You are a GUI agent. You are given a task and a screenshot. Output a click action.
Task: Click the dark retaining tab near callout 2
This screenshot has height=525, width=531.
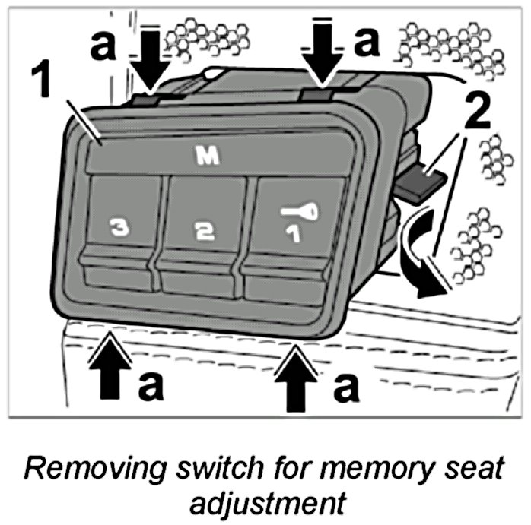420,183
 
